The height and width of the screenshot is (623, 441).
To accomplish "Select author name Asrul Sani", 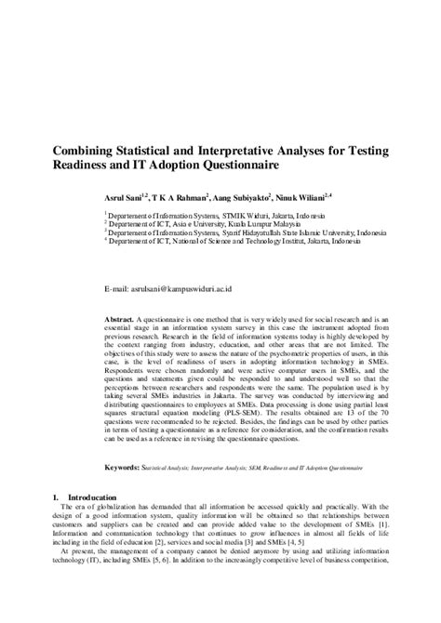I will pyautogui.click(x=125, y=198).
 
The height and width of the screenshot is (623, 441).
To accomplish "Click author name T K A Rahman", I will pyautogui.click(x=178, y=198).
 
